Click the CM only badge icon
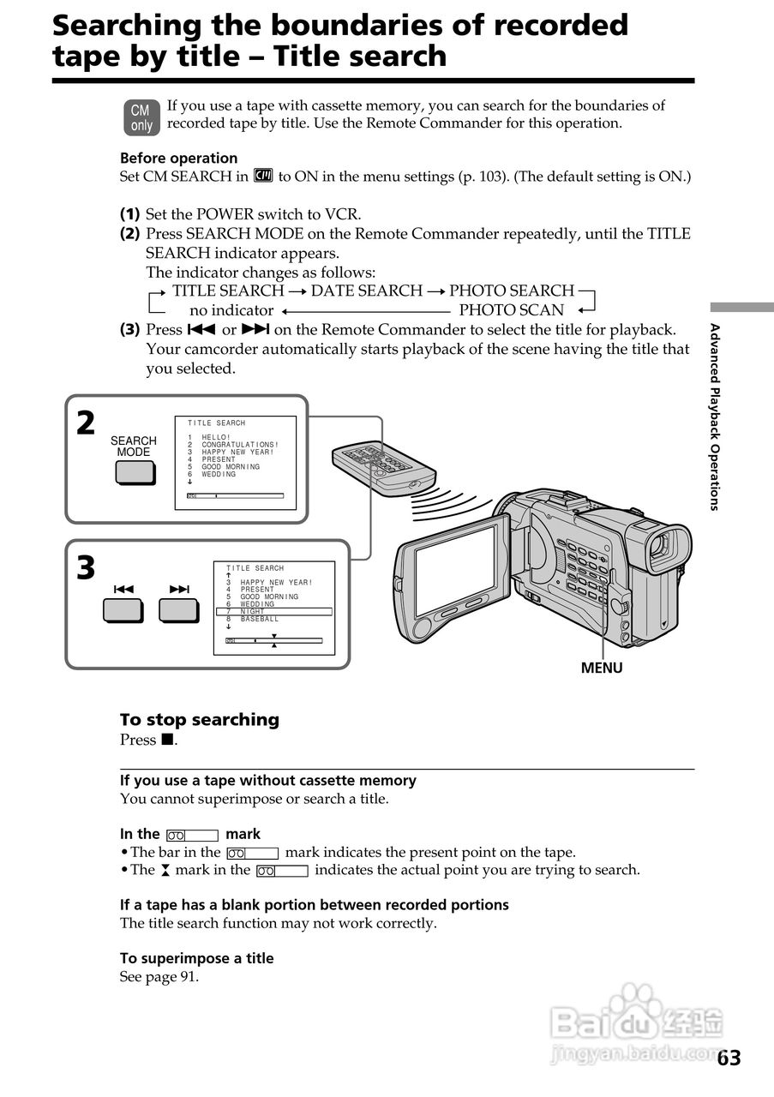pyautogui.click(x=141, y=118)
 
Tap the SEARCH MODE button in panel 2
pyautogui.click(x=134, y=473)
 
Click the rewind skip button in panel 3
pyautogui.click(x=123, y=609)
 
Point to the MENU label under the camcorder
pyautogui.click(x=602, y=668)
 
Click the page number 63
pyautogui.click(x=729, y=1058)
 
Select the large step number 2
pyautogui.click(x=86, y=423)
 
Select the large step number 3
pyautogui.click(x=86, y=568)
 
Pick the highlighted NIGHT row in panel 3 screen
pyautogui.click(x=273, y=611)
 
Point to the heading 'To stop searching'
pyautogui.click(x=200, y=720)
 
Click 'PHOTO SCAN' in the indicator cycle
pyautogui.click(x=512, y=310)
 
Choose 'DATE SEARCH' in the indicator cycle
pyautogui.click(x=367, y=291)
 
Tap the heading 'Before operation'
pyautogui.click(x=178, y=158)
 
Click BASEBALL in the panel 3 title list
pyautogui.click(x=259, y=619)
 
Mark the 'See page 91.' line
pyautogui.click(x=159, y=976)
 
